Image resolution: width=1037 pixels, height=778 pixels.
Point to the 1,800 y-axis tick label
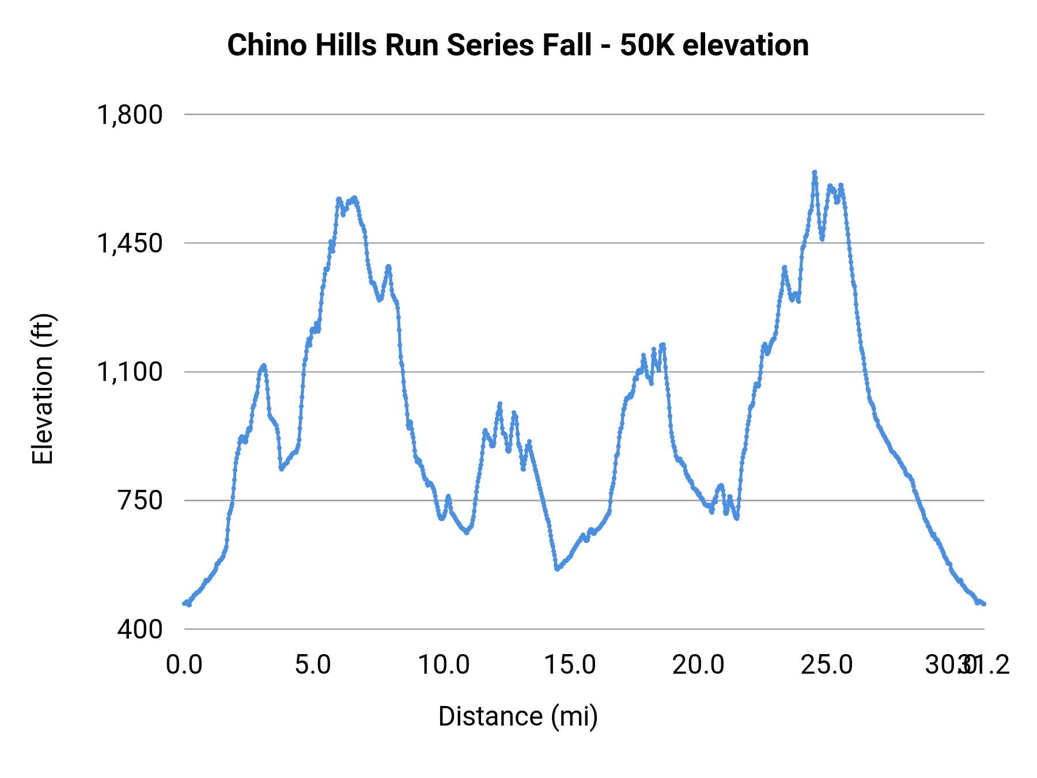click(x=130, y=115)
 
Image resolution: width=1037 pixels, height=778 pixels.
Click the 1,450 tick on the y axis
click(x=130, y=243)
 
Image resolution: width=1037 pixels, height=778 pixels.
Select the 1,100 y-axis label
click(x=130, y=372)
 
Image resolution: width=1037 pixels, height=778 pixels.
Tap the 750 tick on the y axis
click(x=140, y=500)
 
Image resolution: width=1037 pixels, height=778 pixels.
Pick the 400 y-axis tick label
click(x=140, y=629)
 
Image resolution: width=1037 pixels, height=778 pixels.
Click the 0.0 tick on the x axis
click(x=184, y=665)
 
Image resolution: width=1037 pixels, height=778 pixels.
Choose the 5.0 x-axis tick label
click(x=313, y=665)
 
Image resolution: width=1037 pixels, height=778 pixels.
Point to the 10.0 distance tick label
click(x=444, y=665)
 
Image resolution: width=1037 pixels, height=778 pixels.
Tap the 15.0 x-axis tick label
click(x=570, y=665)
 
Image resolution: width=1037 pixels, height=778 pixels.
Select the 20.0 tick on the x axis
click(x=698, y=665)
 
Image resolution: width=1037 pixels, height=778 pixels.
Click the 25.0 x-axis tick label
click(x=827, y=665)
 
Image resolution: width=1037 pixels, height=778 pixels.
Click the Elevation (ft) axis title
click(x=43, y=389)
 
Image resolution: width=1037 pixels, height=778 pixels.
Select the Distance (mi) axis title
click(x=518, y=716)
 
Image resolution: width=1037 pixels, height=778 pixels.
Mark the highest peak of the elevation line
click(x=815, y=172)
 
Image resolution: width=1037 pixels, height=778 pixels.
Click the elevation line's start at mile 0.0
click(x=184, y=603)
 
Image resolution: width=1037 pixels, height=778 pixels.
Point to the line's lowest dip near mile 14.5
click(x=557, y=569)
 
